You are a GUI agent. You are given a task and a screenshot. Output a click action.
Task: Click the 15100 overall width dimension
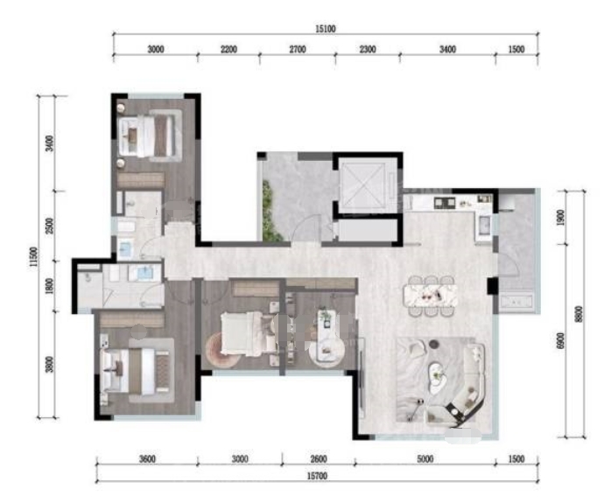[x=326, y=29]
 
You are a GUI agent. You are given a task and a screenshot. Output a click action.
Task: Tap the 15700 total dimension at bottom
[x=317, y=476]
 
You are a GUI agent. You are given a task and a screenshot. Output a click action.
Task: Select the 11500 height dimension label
[x=34, y=256]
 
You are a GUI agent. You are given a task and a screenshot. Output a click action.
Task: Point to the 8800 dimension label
[x=579, y=314]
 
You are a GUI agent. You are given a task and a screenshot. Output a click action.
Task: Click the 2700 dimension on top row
[x=298, y=50]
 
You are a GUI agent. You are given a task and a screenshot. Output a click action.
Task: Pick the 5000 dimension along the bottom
[x=425, y=459]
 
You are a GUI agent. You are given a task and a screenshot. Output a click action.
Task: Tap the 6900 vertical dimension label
[x=560, y=340]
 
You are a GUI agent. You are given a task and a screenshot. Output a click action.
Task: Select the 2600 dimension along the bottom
[x=319, y=459]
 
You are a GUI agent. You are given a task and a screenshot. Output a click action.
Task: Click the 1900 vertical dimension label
[x=560, y=217]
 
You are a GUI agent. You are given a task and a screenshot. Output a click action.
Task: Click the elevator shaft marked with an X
[x=362, y=185]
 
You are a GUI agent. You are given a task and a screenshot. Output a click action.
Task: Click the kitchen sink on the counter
[x=484, y=225]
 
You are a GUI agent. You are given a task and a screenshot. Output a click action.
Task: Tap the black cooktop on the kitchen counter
[x=445, y=202]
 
